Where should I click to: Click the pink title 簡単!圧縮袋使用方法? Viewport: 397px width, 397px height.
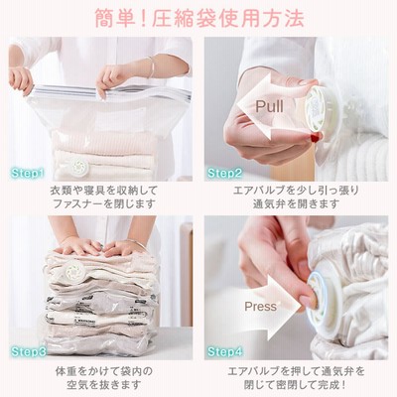pos(199,19)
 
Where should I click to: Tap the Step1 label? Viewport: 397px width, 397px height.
pos(27,173)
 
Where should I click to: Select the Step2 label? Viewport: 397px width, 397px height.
pos(224,173)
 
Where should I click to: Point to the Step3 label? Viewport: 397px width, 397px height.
pos(29,351)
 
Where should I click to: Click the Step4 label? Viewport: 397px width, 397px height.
pos(225,351)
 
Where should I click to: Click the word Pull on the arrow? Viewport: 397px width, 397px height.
pos(269,106)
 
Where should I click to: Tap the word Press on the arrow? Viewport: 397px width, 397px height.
pos(260,307)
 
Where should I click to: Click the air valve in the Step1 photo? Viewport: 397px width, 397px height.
pos(79,165)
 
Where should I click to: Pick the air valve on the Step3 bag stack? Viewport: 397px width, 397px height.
pos(76,271)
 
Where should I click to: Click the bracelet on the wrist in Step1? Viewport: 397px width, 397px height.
pos(151,67)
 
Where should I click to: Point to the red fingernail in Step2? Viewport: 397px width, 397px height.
pos(315,137)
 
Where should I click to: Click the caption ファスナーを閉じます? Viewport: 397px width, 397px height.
pos(104,203)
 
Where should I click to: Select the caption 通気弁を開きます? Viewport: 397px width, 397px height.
pos(296,203)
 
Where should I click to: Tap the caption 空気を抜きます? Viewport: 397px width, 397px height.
pos(104,385)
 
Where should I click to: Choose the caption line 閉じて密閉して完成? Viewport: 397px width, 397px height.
pos(296,385)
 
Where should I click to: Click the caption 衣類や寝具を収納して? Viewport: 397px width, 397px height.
pos(104,191)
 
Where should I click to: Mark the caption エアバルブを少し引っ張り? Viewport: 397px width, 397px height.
pos(296,191)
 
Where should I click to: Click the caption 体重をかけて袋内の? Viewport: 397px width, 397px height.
pos(104,371)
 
